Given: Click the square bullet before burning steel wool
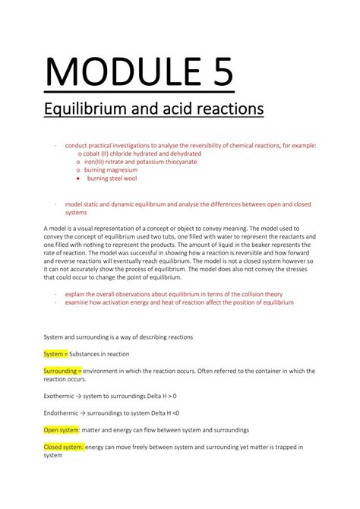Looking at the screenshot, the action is click(79, 179).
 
